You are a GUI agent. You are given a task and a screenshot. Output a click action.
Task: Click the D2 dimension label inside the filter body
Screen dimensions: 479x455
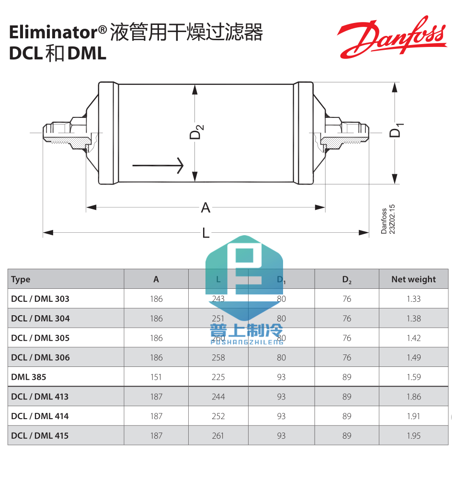tap(197, 132)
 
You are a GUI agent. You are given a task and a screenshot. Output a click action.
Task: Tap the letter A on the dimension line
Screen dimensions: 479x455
tap(205, 207)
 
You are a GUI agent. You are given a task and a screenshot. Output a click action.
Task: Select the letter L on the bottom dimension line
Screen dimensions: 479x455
tap(205, 233)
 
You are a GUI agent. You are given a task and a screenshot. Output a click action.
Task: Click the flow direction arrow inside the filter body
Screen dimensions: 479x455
tap(158, 165)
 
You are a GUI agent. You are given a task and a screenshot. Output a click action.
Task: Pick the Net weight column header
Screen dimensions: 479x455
tap(413, 279)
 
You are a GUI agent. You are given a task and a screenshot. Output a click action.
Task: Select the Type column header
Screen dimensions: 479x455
tap(21, 279)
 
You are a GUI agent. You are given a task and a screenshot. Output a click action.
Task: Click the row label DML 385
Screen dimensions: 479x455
tap(29, 377)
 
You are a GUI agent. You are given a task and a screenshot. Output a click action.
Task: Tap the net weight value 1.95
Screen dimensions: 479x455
tap(413, 436)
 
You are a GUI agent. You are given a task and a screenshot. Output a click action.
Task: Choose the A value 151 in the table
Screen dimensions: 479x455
tap(156, 377)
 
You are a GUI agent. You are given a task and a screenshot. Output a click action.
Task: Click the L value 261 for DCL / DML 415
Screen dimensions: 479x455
tap(218, 436)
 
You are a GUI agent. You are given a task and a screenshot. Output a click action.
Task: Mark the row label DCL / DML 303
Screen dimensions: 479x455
tap(40, 299)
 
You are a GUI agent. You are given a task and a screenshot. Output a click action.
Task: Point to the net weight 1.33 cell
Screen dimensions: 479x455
tap(413, 299)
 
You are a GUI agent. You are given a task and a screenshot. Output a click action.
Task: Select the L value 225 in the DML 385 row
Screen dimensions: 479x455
tap(218, 377)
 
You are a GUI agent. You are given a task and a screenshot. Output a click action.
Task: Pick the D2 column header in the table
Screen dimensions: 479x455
tap(347, 280)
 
